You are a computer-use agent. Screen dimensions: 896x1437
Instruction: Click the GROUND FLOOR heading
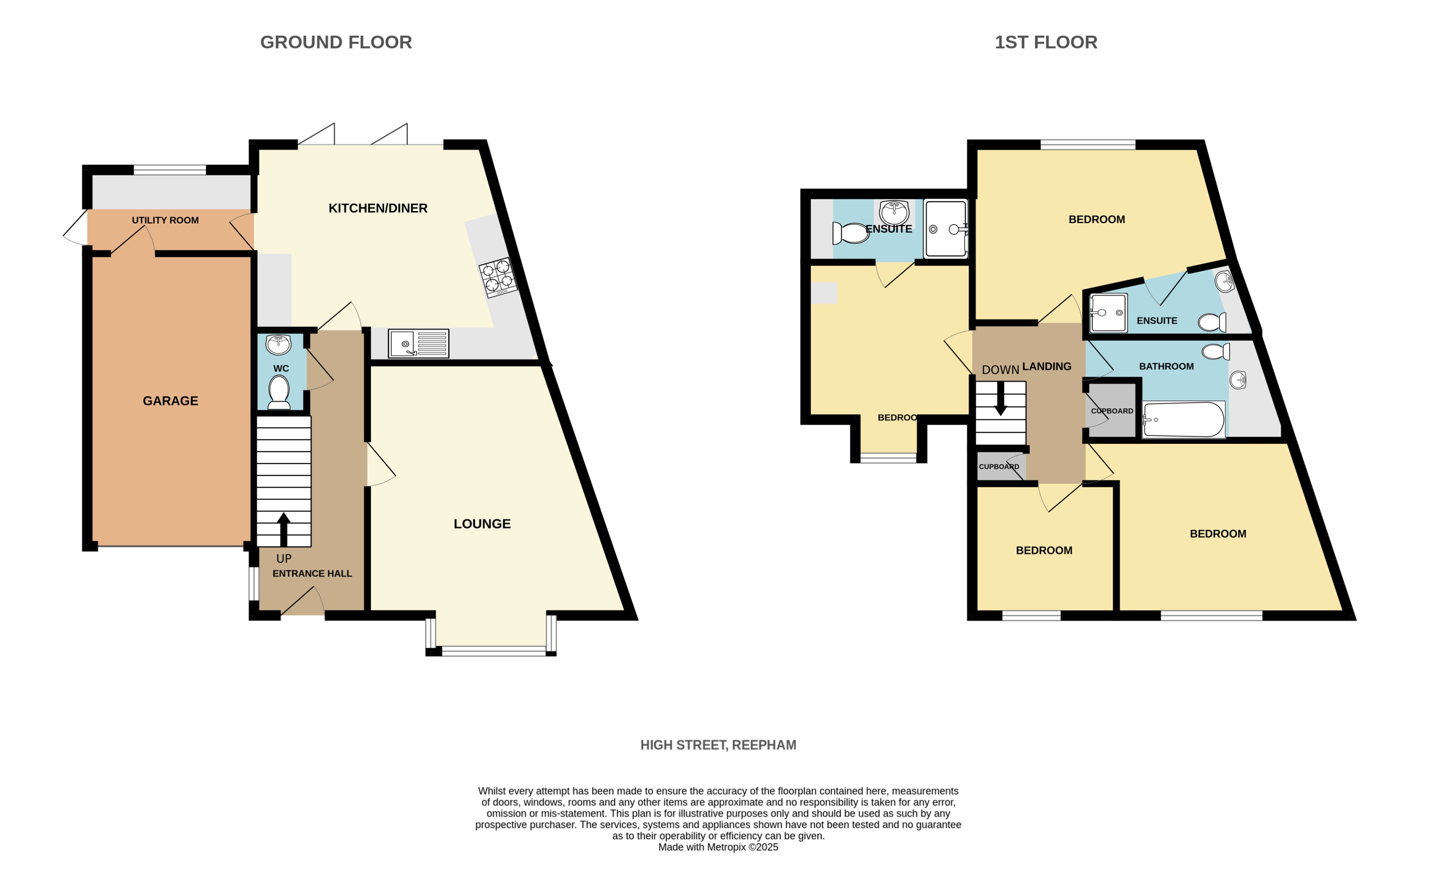pos(336,42)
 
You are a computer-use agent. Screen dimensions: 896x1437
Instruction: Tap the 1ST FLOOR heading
pos(1045,42)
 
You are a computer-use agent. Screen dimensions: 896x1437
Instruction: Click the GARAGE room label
pos(170,401)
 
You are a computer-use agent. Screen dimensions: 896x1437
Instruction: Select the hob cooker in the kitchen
pos(498,277)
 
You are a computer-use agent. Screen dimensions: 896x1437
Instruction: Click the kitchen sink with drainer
pos(418,344)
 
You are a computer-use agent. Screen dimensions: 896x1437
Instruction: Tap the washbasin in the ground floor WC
pos(278,344)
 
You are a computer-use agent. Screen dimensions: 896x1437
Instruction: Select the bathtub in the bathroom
pos(1183,420)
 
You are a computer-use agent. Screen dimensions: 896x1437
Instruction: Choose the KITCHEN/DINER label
pos(378,208)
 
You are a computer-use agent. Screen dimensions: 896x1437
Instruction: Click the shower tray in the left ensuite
pos(946,229)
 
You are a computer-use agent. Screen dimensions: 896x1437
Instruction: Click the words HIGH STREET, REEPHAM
pos(718,745)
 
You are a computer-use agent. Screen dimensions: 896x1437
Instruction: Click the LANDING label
pos(1047,367)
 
